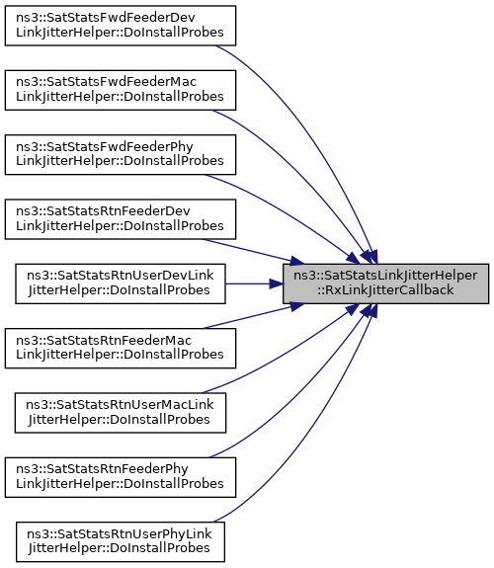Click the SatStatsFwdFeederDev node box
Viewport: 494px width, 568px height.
(121, 26)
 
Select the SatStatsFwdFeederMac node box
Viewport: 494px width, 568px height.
(121, 90)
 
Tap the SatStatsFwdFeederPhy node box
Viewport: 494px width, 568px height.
(121, 155)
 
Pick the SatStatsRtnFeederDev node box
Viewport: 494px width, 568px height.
(121, 219)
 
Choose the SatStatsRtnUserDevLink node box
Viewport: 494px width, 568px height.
(121, 284)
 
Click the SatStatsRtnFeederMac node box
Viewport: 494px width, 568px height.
(121, 348)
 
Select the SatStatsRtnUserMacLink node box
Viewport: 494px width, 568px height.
(121, 413)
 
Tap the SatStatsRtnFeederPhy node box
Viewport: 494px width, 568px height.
(121, 477)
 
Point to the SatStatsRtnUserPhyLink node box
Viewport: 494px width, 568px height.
(121, 542)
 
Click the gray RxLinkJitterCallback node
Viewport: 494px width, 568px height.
(386, 284)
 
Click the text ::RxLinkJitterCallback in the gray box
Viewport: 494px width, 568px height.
(385, 290)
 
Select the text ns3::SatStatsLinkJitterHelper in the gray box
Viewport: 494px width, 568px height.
(385, 276)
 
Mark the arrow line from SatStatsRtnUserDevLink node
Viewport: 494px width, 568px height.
(254, 284)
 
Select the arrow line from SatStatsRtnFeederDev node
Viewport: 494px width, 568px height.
(254, 251)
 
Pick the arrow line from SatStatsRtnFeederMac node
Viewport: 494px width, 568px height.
(254, 316)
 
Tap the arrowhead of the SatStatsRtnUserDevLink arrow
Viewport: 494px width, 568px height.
(277, 284)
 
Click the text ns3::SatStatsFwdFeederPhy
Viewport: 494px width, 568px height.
(105, 147)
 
